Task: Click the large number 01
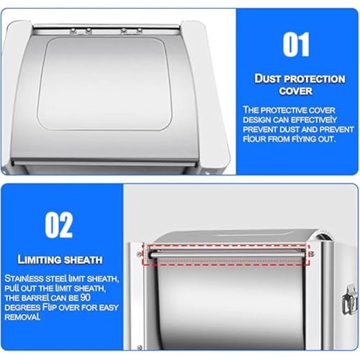(x=296, y=45)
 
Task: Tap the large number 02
(x=59, y=225)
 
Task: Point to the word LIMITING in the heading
(x=39, y=260)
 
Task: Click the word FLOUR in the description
(x=254, y=139)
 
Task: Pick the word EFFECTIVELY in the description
(x=314, y=120)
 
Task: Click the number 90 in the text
(x=85, y=297)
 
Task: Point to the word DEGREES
(x=22, y=307)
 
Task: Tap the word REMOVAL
(x=22, y=317)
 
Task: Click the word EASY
(x=109, y=307)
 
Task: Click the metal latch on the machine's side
(x=348, y=300)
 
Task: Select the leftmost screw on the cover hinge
(x=73, y=30)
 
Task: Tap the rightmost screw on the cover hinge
(x=139, y=30)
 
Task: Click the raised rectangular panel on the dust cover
(x=104, y=84)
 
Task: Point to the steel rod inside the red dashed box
(x=228, y=255)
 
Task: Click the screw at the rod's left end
(x=139, y=255)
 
